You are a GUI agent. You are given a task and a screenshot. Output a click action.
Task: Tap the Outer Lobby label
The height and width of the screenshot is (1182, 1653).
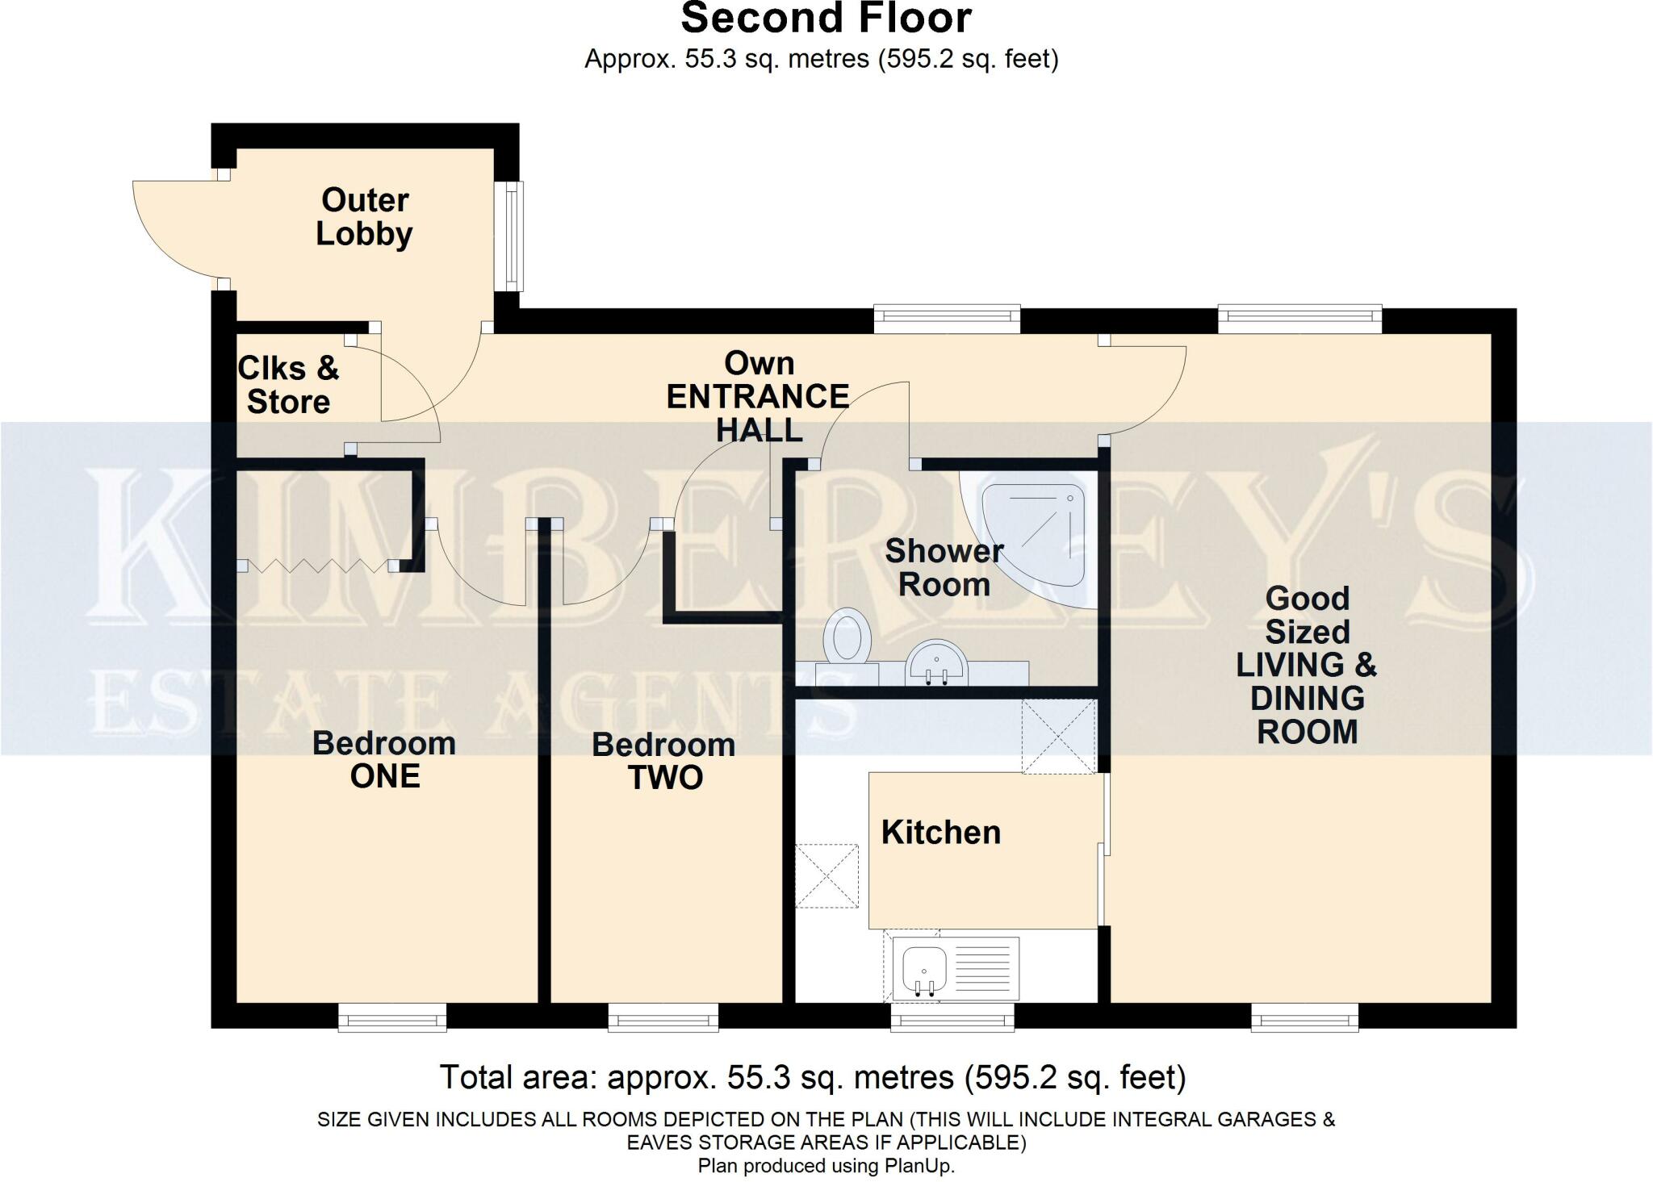click(364, 216)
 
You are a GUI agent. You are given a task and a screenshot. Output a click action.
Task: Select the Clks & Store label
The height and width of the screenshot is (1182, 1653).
click(288, 385)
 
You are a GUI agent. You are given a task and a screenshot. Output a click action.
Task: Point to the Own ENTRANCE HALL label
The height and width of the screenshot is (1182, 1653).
click(758, 396)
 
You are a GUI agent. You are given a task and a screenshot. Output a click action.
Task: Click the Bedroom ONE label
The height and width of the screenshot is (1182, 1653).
click(384, 759)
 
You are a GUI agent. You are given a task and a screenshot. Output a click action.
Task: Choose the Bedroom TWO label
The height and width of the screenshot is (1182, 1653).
click(663, 761)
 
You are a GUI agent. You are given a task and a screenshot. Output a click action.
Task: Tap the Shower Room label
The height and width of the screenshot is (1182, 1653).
click(944, 567)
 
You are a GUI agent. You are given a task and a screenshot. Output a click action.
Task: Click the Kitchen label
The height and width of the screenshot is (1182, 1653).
click(940, 832)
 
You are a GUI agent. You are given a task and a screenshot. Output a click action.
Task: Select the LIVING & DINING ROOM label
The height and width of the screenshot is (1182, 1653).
click(1306, 665)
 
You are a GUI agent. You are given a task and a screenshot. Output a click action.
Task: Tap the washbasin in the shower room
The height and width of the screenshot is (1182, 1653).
click(935, 663)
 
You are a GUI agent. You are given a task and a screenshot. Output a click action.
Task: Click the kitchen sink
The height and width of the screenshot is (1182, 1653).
click(925, 968)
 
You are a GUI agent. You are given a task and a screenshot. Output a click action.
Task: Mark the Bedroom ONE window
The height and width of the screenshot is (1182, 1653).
click(392, 1018)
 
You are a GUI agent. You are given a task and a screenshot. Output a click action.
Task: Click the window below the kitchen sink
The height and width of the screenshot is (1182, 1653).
click(952, 1018)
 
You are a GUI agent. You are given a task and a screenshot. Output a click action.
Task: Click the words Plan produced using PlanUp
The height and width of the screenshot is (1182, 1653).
click(826, 1166)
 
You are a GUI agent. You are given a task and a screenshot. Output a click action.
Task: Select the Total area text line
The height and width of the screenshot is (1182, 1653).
click(812, 1077)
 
